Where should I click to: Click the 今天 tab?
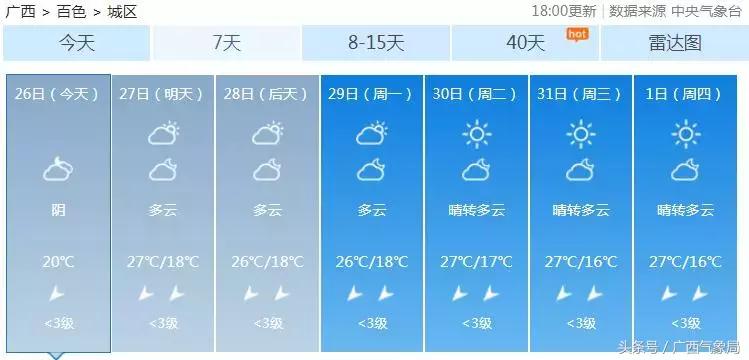click(76, 43)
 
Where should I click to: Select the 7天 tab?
click(227, 43)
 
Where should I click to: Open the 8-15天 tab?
click(376, 43)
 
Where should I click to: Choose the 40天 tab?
click(525, 43)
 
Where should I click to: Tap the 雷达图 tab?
click(675, 43)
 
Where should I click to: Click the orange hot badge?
click(576, 34)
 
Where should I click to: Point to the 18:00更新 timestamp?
click(564, 11)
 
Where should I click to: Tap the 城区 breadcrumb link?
click(122, 12)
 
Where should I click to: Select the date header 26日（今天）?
click(58, 93)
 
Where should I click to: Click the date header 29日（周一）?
click(371, 93)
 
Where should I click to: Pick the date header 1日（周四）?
click(684, 93)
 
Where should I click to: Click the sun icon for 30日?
click(476, 133)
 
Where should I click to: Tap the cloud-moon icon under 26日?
click(58, 169)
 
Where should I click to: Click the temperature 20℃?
click(58, 262)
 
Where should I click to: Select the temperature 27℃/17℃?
click(476, 262)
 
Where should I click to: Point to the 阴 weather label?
click(58, 210)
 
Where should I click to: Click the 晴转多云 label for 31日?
click(581, 210)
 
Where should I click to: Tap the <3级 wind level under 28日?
click(267, 323)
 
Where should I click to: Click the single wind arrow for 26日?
click(58, 293)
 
